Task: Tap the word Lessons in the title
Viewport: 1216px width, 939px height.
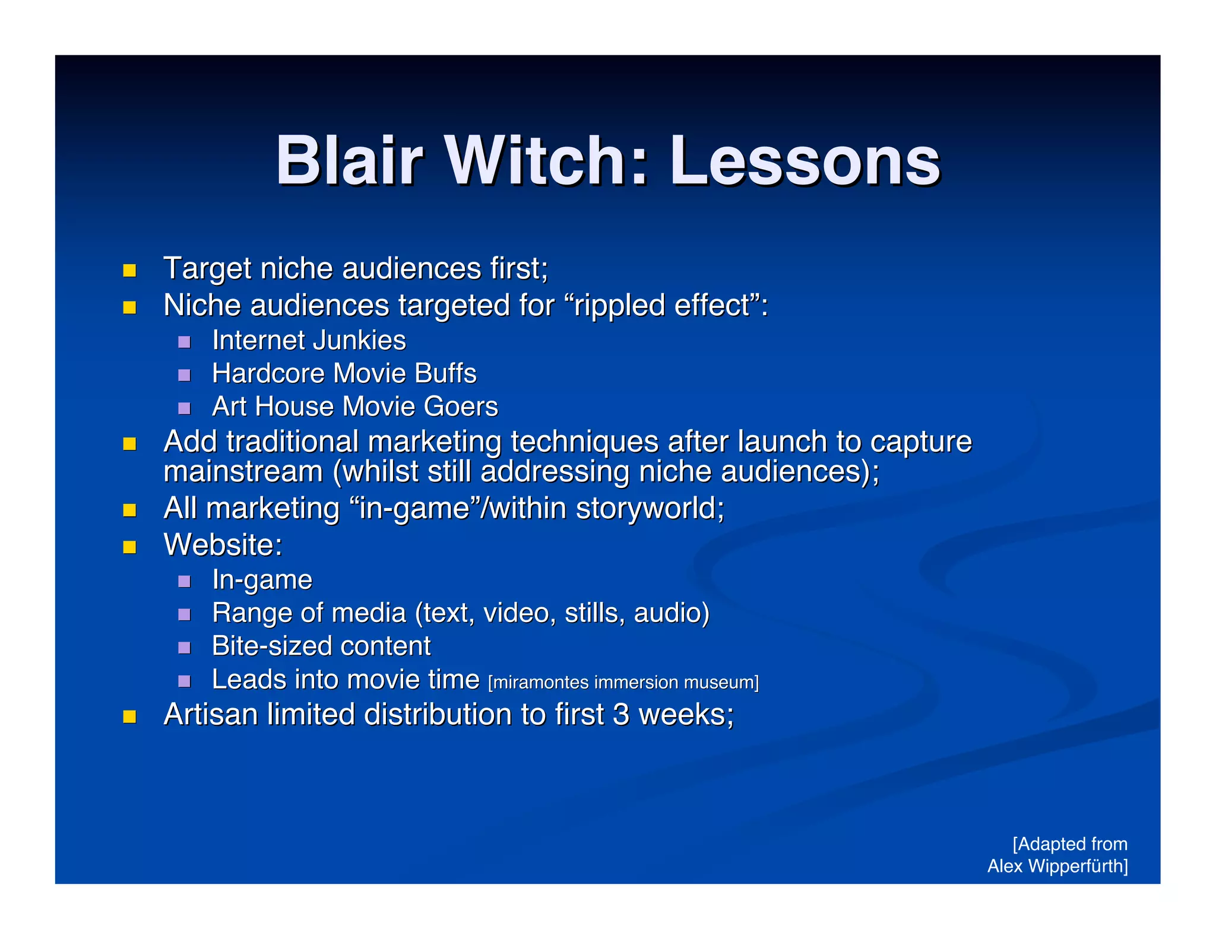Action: (x=805, y=161)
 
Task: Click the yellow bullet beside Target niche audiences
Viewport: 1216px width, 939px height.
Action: (x=129, y=271)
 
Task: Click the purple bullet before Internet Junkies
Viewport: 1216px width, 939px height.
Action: (x=184, y=342)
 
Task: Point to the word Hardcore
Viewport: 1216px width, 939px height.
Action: (x=268, y=373)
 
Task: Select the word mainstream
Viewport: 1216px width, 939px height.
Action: (x=243, y=472)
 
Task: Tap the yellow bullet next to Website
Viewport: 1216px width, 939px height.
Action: (x=129, y=546)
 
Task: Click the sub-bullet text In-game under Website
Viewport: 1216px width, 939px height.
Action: (x=262, y=580)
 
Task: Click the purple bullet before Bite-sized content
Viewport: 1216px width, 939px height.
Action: (x=184, y=647)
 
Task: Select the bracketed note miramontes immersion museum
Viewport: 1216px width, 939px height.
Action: (x=623, y=683)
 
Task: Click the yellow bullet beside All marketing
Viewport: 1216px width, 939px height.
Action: (x=129, y=510)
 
